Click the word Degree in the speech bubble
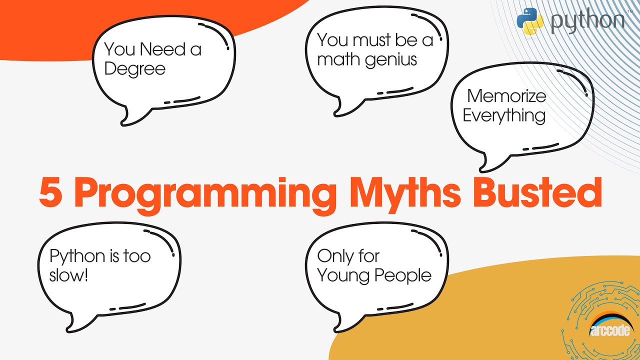coord(134,68)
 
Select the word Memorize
coord(506,95)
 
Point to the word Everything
coord(503,115)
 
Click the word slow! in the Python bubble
coord(69,275)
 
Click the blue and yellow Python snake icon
coord(530,21)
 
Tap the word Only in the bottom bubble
coord(333,256)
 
